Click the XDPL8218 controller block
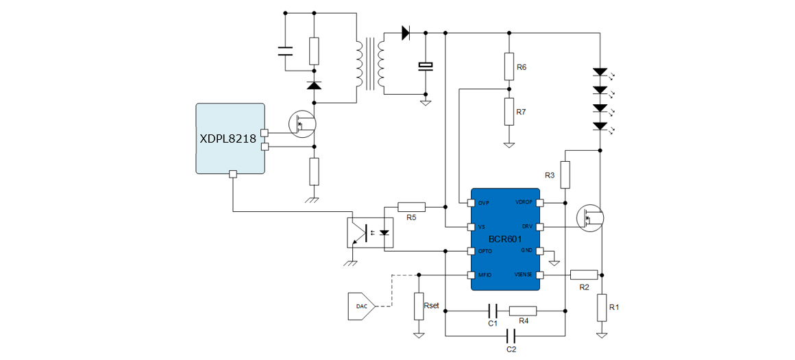pos(230,139)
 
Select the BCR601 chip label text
pos(505,239)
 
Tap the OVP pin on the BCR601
pos(471,203)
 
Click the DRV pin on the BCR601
pos(540,226)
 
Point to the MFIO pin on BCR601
pos(471,275)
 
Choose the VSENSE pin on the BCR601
pos(540,275)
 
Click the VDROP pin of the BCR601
pos(540,203)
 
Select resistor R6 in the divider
pos(509,66)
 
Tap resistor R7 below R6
pos(509,111)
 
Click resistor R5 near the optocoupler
pos(411,206)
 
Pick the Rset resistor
pos(418,305)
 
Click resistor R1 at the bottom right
pos(601,307)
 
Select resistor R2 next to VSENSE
pos(583,275)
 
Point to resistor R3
pos(565,175)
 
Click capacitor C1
pos(492,311)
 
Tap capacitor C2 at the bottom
pos(511,336)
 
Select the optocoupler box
pos(370,232)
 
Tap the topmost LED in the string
pos(600,71)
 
